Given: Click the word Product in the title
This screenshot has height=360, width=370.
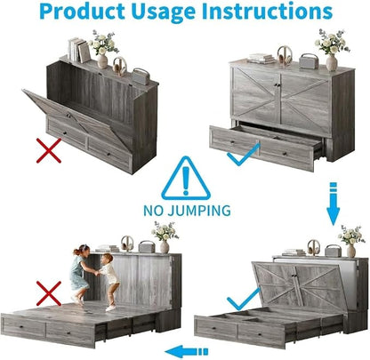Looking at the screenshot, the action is pyautogui.click(x=82, y=12).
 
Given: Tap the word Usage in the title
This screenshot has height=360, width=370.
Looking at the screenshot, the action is pyautogui.click(x=164, y=12).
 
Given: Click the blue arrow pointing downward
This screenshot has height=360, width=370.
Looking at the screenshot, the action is pyautogui.click(x=333, y=204).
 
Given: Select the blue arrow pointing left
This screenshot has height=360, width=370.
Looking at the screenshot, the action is pyautogui.click(x=187, y=352).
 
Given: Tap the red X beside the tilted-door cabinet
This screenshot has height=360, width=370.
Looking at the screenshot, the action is pyautogui.click(x=49, y=150).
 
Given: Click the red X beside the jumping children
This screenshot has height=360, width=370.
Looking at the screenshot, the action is pyautogui.click(x=49, y=293).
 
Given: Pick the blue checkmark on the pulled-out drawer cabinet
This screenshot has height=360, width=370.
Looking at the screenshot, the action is pyautogui.click(x=243, y=155).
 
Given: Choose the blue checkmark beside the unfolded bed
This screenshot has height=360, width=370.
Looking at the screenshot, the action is pyautogui.click(x=243, y=299).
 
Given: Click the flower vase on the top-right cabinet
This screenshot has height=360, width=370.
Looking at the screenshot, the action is pyautogui.click(x=332, y=51).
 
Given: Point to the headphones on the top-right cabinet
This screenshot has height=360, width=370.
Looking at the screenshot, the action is pyautogui.click(x=285, y=56).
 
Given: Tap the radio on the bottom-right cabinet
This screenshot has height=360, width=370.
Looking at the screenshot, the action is pyautogui.click(x=333, y=251).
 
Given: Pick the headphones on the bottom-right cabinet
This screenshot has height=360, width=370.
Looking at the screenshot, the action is pyautogui.click(x=313, y=247).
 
